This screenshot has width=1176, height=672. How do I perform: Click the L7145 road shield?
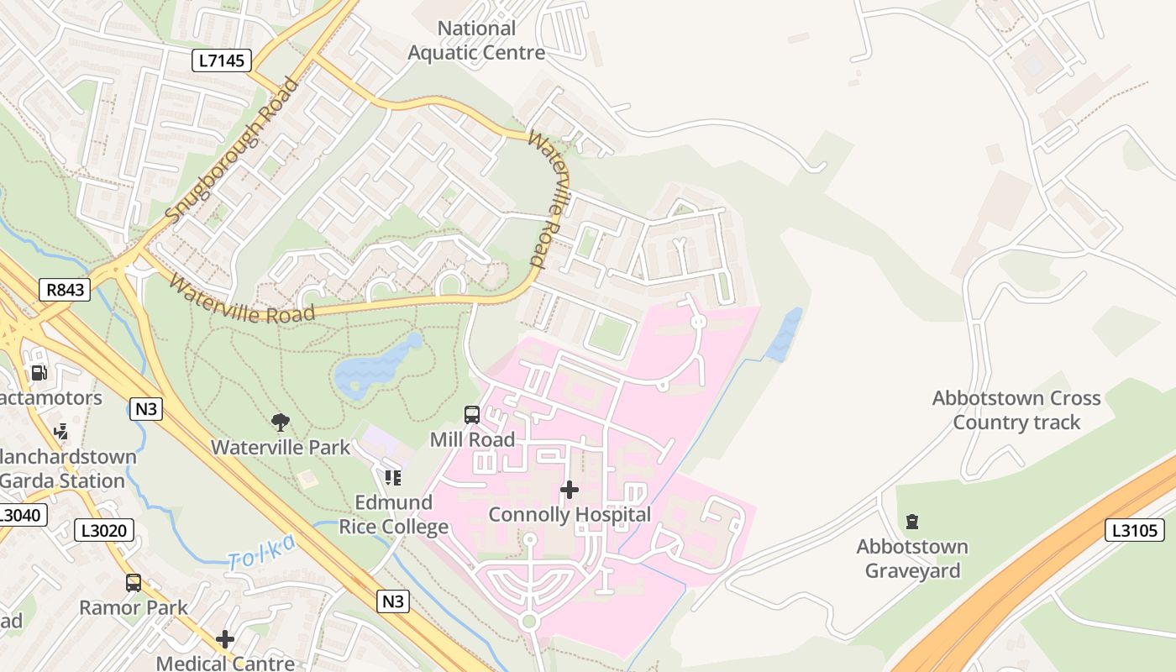222,60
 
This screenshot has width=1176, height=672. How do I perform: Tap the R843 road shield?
65,291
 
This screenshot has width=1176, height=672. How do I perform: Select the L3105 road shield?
1134,530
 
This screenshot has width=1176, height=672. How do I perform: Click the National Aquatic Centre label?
476,40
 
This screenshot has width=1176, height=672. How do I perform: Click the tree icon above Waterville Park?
281,422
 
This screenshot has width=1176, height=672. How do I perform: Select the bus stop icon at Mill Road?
472,415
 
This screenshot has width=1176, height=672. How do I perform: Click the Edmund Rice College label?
393,515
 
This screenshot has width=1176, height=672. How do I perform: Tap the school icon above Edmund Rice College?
392,478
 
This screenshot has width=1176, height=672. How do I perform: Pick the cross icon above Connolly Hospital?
570,489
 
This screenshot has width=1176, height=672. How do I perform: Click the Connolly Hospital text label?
570,514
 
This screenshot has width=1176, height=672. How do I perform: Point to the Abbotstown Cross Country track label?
1016,410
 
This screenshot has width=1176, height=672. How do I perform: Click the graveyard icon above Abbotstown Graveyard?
912,522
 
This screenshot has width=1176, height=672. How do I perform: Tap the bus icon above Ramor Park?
134,582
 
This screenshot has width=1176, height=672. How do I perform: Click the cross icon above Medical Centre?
224,639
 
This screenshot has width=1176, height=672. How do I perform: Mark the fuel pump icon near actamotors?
39,372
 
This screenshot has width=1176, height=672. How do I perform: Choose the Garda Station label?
63,481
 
